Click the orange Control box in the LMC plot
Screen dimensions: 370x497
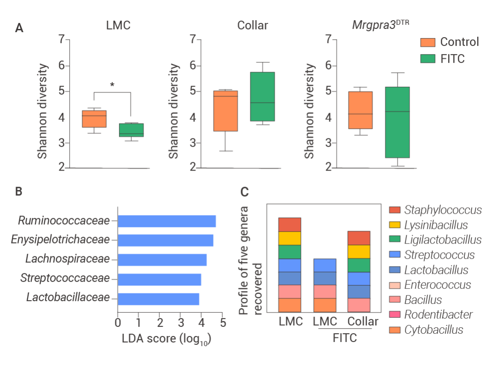coord(94,119)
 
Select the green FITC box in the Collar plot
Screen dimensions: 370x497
coord(262,97)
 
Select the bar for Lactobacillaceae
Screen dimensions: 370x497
coord(158,299)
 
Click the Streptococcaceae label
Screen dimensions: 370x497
coord(65,278)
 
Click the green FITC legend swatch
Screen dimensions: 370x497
coord(428,58)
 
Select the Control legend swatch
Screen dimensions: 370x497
coord(428,42)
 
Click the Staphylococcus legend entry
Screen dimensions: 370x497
coord(443,210)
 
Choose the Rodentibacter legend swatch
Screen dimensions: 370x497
coord(395,315)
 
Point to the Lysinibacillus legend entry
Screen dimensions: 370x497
coord(436,225)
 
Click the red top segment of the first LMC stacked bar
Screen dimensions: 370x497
coord(289,225)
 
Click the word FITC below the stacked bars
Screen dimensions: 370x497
coord(345,338)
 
